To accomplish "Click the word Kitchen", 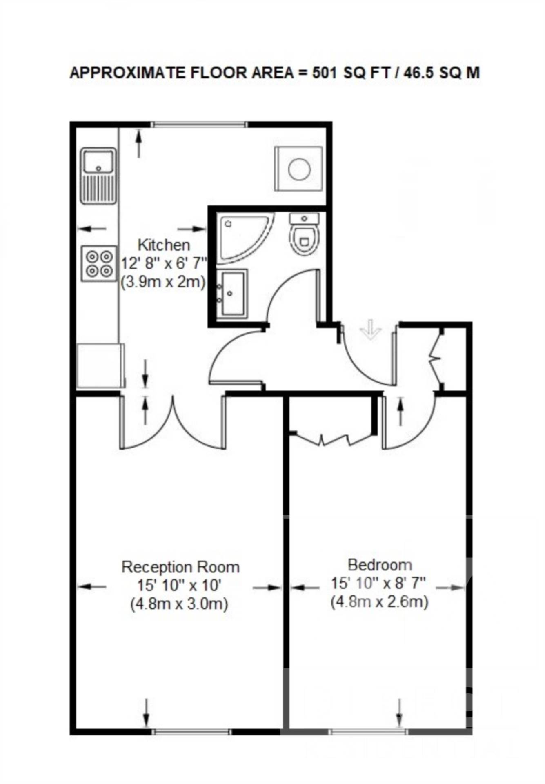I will coord(164,245).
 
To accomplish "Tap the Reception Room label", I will coord(180,567).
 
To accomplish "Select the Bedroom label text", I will coord(380,565).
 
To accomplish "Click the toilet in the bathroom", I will coord(304,236).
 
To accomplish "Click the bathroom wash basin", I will coord(231,293).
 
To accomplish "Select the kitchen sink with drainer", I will coord(98,176).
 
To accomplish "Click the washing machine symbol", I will coord(299,169).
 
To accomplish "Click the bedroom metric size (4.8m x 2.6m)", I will coord(380,602).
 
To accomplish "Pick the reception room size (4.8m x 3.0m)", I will coord(179,604).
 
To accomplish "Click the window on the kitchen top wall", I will coord(200,125).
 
